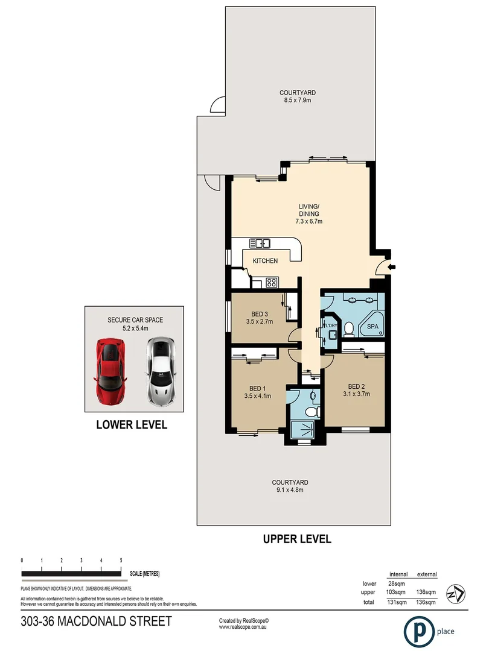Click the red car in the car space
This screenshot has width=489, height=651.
(x=110, y=370)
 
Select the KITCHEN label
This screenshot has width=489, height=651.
(x=265, y=261)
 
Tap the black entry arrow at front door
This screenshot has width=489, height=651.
(x=391, y=268)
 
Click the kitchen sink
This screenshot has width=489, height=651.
(x=261, y=244)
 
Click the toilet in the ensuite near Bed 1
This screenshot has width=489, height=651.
(x=312, y=412)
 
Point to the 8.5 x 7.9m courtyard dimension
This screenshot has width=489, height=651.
(x=297, y=100)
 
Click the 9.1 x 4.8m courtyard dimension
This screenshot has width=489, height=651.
(x=290, y=490)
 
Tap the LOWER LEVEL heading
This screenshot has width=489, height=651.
(x=132, y=425)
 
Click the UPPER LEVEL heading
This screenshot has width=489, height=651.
(x=297, y=539)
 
